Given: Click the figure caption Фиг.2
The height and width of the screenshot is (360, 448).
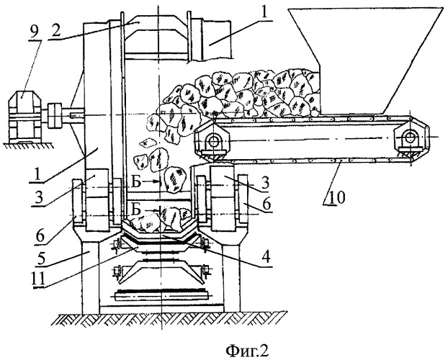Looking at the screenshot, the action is pyautogui.click(x=248, y=351).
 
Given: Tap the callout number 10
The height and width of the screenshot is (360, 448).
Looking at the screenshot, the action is pyautogui.click(x=337, y=198).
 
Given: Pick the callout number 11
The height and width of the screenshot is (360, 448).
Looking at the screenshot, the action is pyautogui.click(x=39, y=279).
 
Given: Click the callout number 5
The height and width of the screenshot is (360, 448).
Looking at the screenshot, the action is pyautogui.click(x=40, y=259).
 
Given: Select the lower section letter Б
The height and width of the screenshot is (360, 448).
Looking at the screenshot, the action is pyautogui.click(x=136, y=210).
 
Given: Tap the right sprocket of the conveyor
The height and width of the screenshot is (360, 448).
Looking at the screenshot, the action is pyautogui.click(x=409, y=138).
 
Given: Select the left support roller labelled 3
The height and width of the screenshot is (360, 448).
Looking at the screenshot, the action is pyautogui.click(x=97, y=199).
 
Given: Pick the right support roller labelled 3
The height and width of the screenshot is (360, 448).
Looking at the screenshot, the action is pyautogui.click(x=222, y=199).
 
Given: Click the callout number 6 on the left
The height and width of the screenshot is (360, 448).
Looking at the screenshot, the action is pyautogui.click(x=40, y=238).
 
